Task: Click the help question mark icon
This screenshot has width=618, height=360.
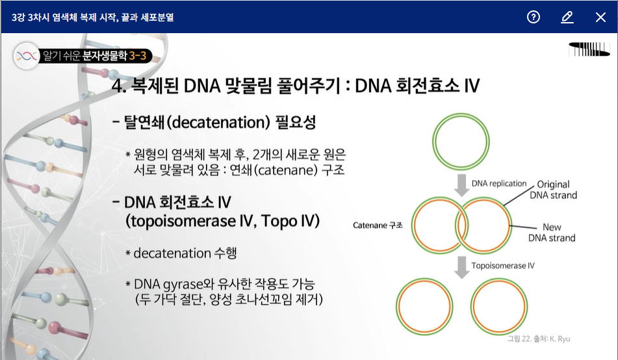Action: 534,17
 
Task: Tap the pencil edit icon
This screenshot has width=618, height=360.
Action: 567,17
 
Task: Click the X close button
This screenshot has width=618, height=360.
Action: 600,18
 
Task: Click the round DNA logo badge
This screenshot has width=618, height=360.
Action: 27,56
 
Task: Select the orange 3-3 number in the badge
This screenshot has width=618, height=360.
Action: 138,56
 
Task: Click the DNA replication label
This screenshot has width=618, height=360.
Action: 499,183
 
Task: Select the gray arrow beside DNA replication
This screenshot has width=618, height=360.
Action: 461,185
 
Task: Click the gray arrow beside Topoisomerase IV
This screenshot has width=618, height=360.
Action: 461,268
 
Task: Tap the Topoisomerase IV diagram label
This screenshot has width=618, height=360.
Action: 503,266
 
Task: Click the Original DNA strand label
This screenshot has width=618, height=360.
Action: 554,190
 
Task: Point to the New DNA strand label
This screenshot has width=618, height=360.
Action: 552,233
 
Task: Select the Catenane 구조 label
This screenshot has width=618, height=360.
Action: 378,225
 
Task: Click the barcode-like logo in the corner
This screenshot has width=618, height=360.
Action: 589,49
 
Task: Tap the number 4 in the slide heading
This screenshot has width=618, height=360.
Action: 117,86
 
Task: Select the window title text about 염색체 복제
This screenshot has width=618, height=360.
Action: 93,18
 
